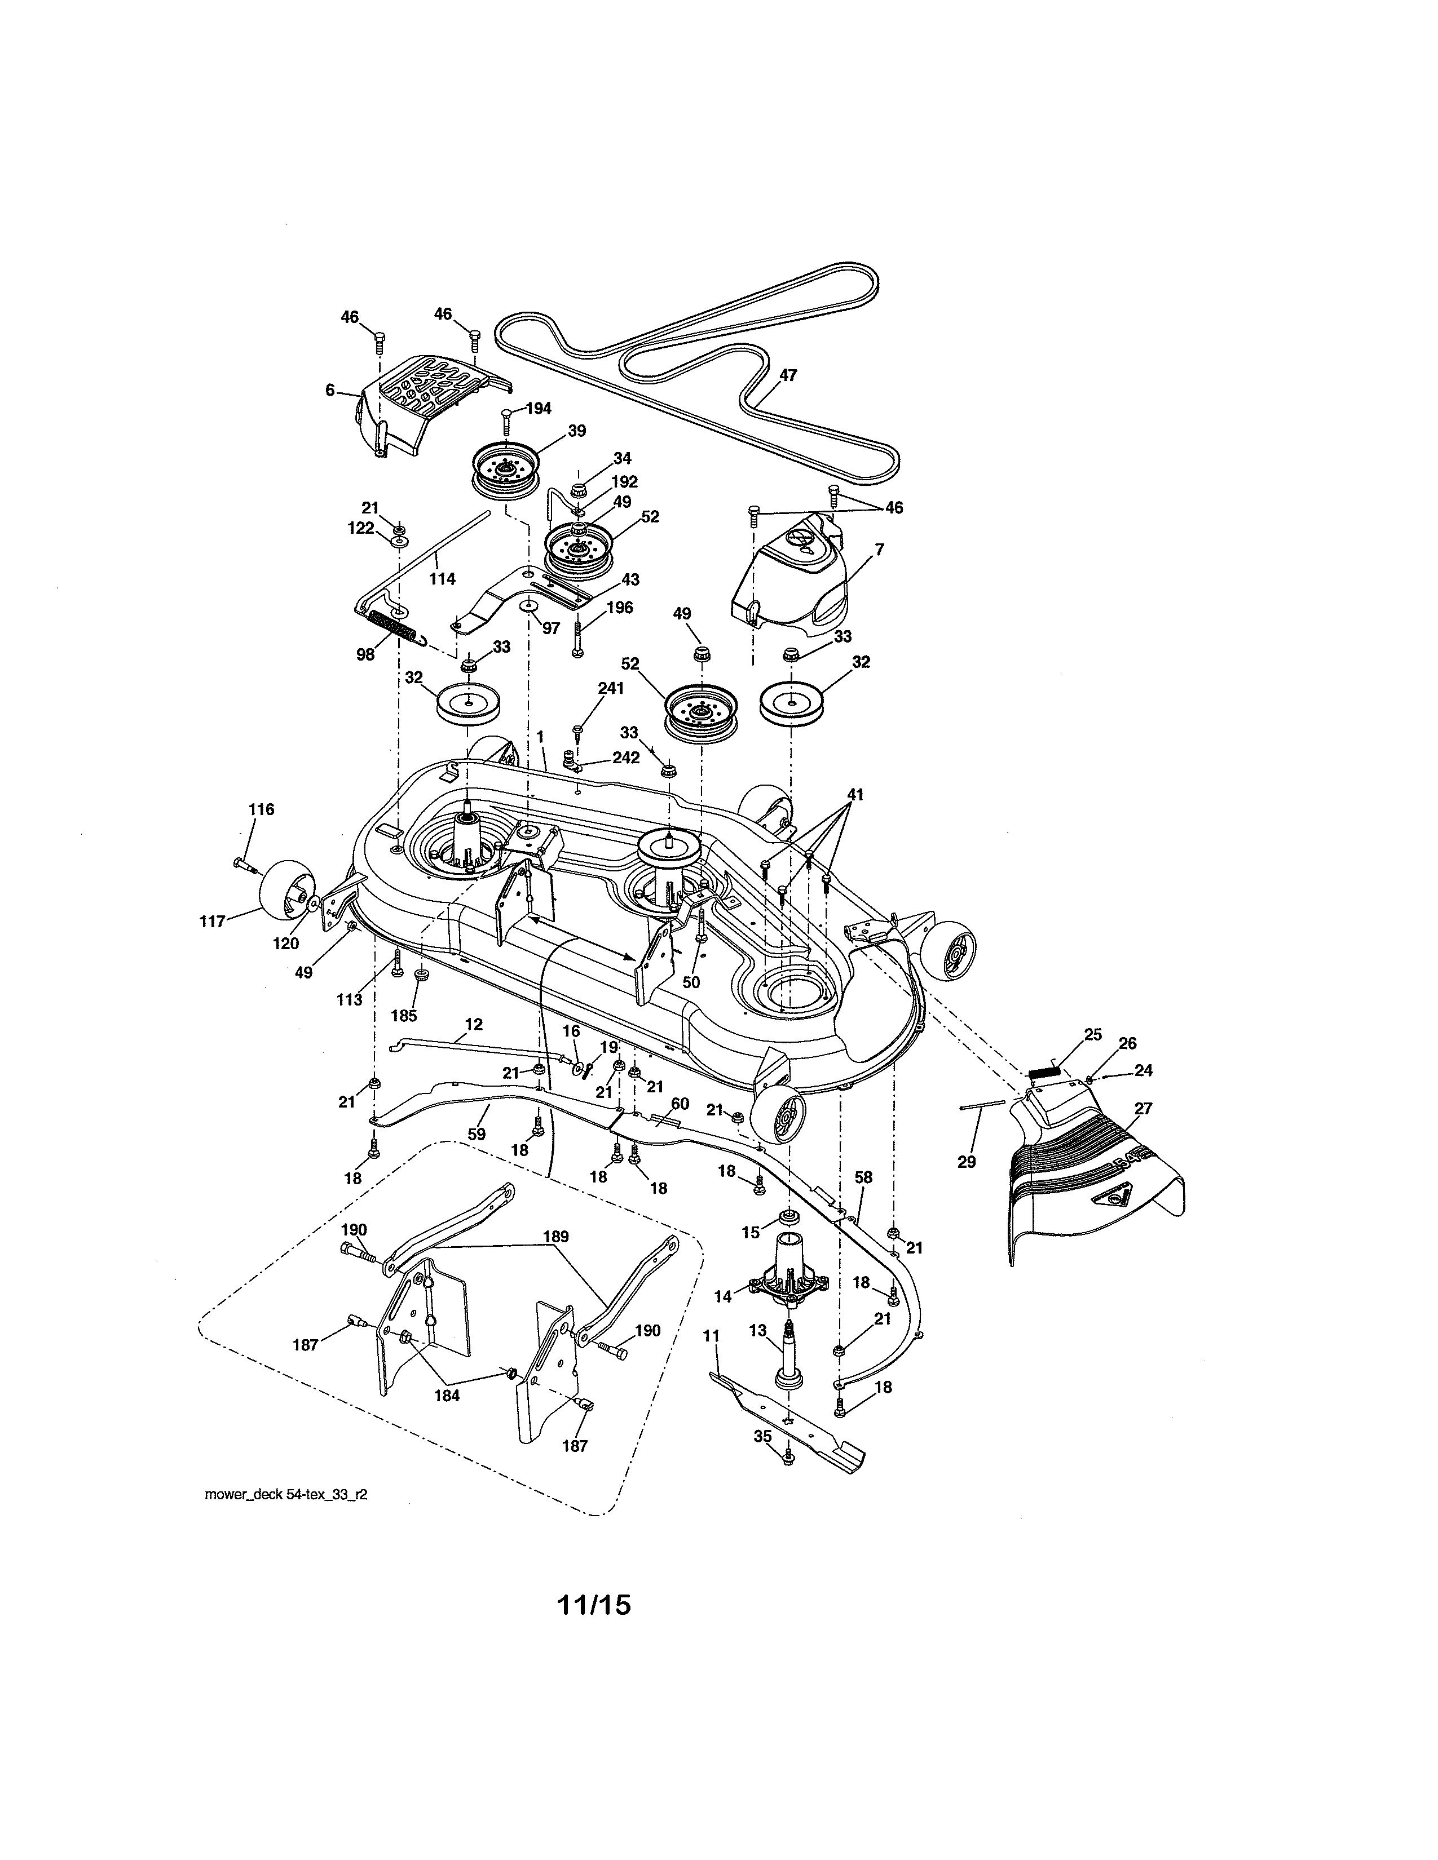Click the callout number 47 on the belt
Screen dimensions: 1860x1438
[787, 375]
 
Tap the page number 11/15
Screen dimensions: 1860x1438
[594, 1605]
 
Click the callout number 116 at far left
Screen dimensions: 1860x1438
[262, 809]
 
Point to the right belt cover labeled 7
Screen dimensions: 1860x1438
[792, 579]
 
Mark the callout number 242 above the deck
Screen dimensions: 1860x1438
[626, 757]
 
